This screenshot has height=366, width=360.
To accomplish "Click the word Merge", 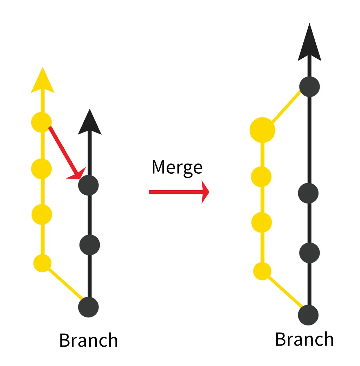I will tap(177, 167).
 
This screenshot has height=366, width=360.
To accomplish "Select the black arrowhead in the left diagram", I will tap(90, 123).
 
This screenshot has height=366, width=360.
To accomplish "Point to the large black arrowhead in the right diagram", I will tap(309, 44).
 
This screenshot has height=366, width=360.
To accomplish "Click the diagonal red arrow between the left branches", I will tap(65, 151).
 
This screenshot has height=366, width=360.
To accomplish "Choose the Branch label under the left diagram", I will tap(88, 340).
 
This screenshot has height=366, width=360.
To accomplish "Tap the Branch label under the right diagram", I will tap(304, 339).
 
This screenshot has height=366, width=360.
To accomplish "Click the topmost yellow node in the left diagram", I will tap(41, 122).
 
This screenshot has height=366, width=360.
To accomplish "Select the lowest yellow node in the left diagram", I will tap(43, 263).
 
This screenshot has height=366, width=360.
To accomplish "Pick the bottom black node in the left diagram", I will tap(89, 307).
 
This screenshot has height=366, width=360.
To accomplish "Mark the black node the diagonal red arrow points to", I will tap(89, 185).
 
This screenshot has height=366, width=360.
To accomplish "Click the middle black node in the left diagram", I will tap(90, 245).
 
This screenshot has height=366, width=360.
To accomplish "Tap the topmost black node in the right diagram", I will tap(309, 86).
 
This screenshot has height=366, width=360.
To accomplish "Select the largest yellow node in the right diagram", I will tap(262, 130).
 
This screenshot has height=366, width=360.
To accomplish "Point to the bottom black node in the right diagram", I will tap(308, 315).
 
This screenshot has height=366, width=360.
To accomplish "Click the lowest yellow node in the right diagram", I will tap(262, 271).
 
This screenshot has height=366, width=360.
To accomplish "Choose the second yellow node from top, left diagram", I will tap(41, 169).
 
